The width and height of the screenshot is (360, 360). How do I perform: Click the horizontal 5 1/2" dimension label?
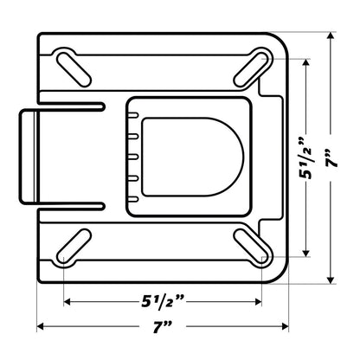pyautogui.click(x=162, y=301)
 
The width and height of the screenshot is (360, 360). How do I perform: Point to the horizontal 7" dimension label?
pyautogui.click(x=162, y=326)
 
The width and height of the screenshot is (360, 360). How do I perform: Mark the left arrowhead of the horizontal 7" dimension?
pyautogui.click(x=40, y=326)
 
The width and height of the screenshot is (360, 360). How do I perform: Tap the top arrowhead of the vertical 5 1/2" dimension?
pyautogui.click(x=305, y=64)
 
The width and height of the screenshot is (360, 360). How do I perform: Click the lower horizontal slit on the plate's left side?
pyautogui.click(x=74, y=206)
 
